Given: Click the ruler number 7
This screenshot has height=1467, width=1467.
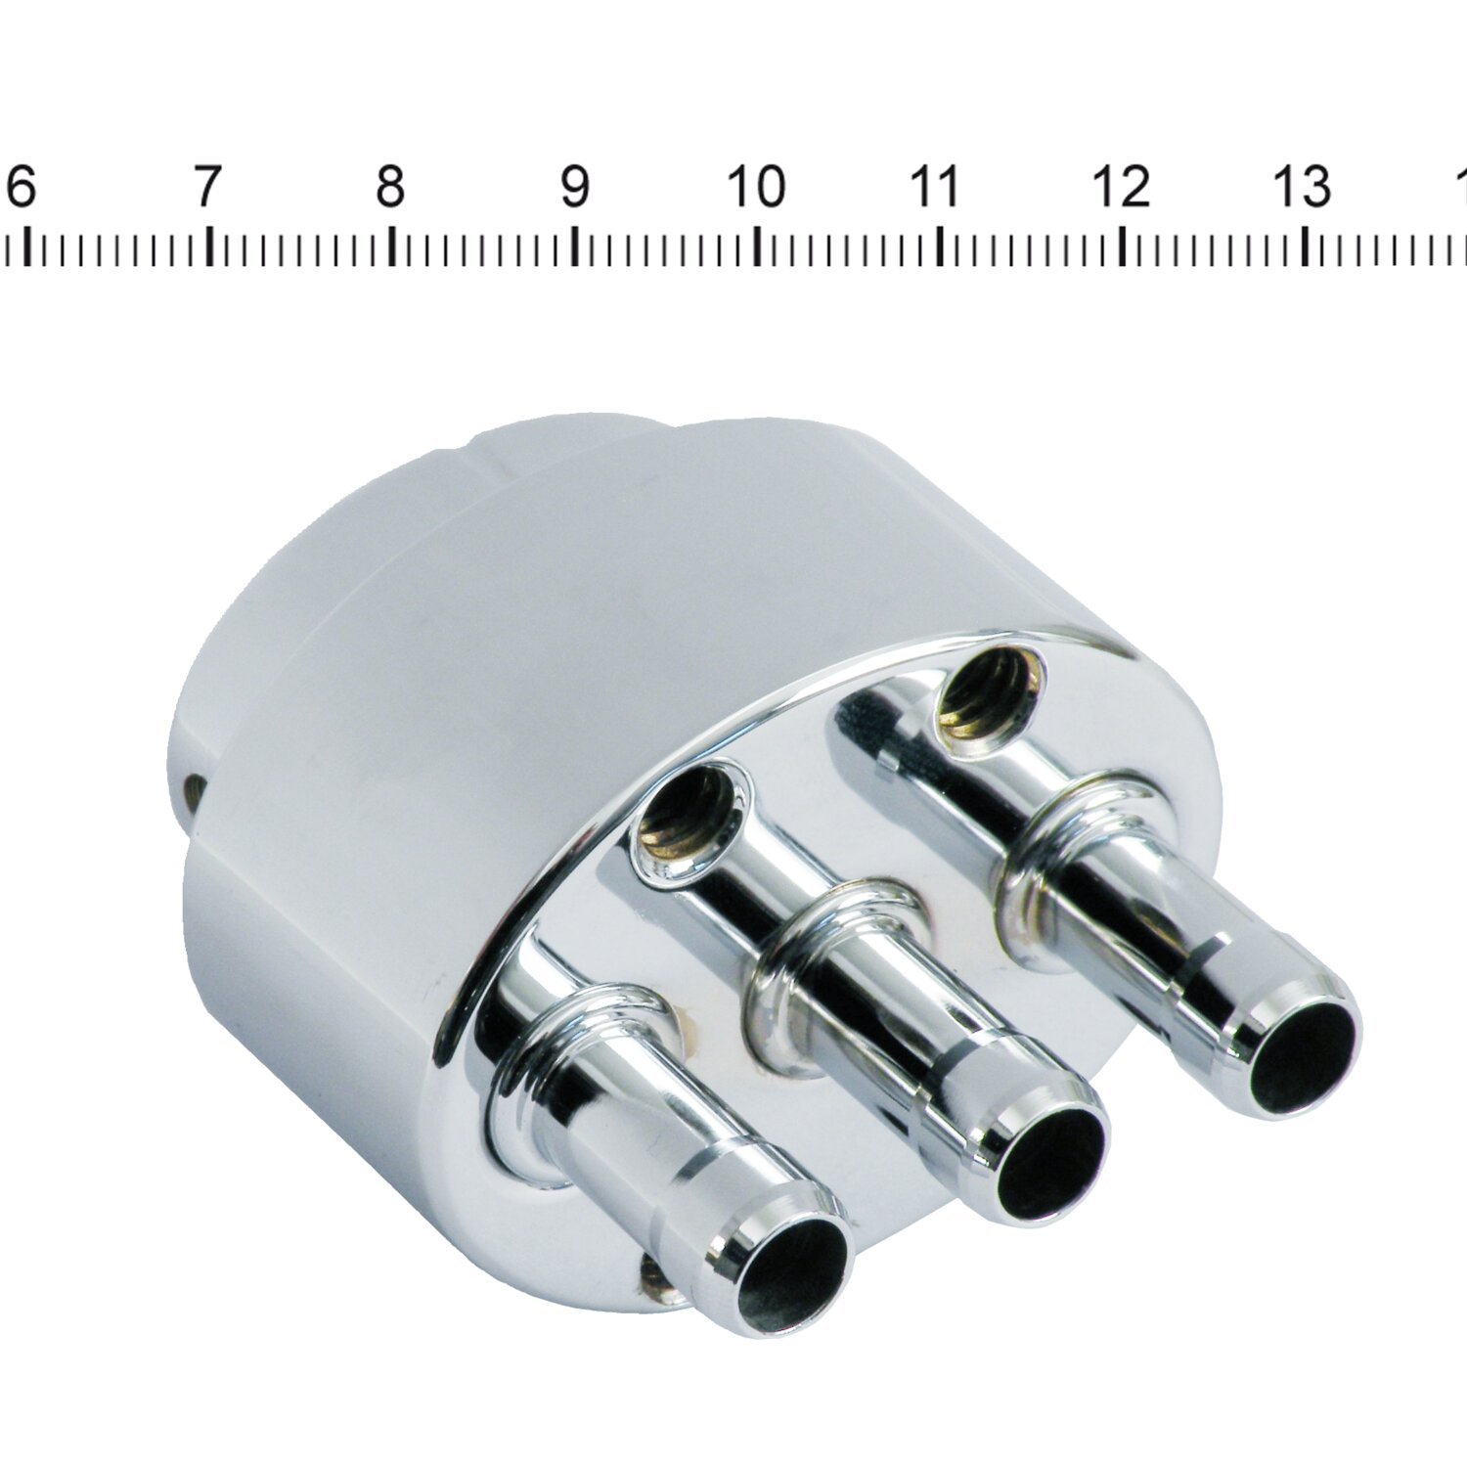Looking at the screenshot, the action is tap(204, 186).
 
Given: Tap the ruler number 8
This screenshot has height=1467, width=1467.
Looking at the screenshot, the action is tap(390, 186).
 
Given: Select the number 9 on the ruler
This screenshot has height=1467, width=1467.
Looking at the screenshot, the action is tap(575, 186).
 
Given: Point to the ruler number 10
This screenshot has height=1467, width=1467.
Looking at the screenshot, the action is tap(757, 186).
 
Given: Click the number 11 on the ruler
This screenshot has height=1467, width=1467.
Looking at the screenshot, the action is tap(936, 186).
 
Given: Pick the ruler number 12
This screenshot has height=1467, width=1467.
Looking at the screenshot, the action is tap(1121, 186).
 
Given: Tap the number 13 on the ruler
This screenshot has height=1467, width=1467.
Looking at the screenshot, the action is tap(1304, 186).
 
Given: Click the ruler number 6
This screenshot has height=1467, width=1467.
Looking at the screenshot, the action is tap(21, 186).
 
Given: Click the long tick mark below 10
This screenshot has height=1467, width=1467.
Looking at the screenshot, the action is tap(759, 246).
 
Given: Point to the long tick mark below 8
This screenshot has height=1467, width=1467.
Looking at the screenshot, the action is tap(391, 246).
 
